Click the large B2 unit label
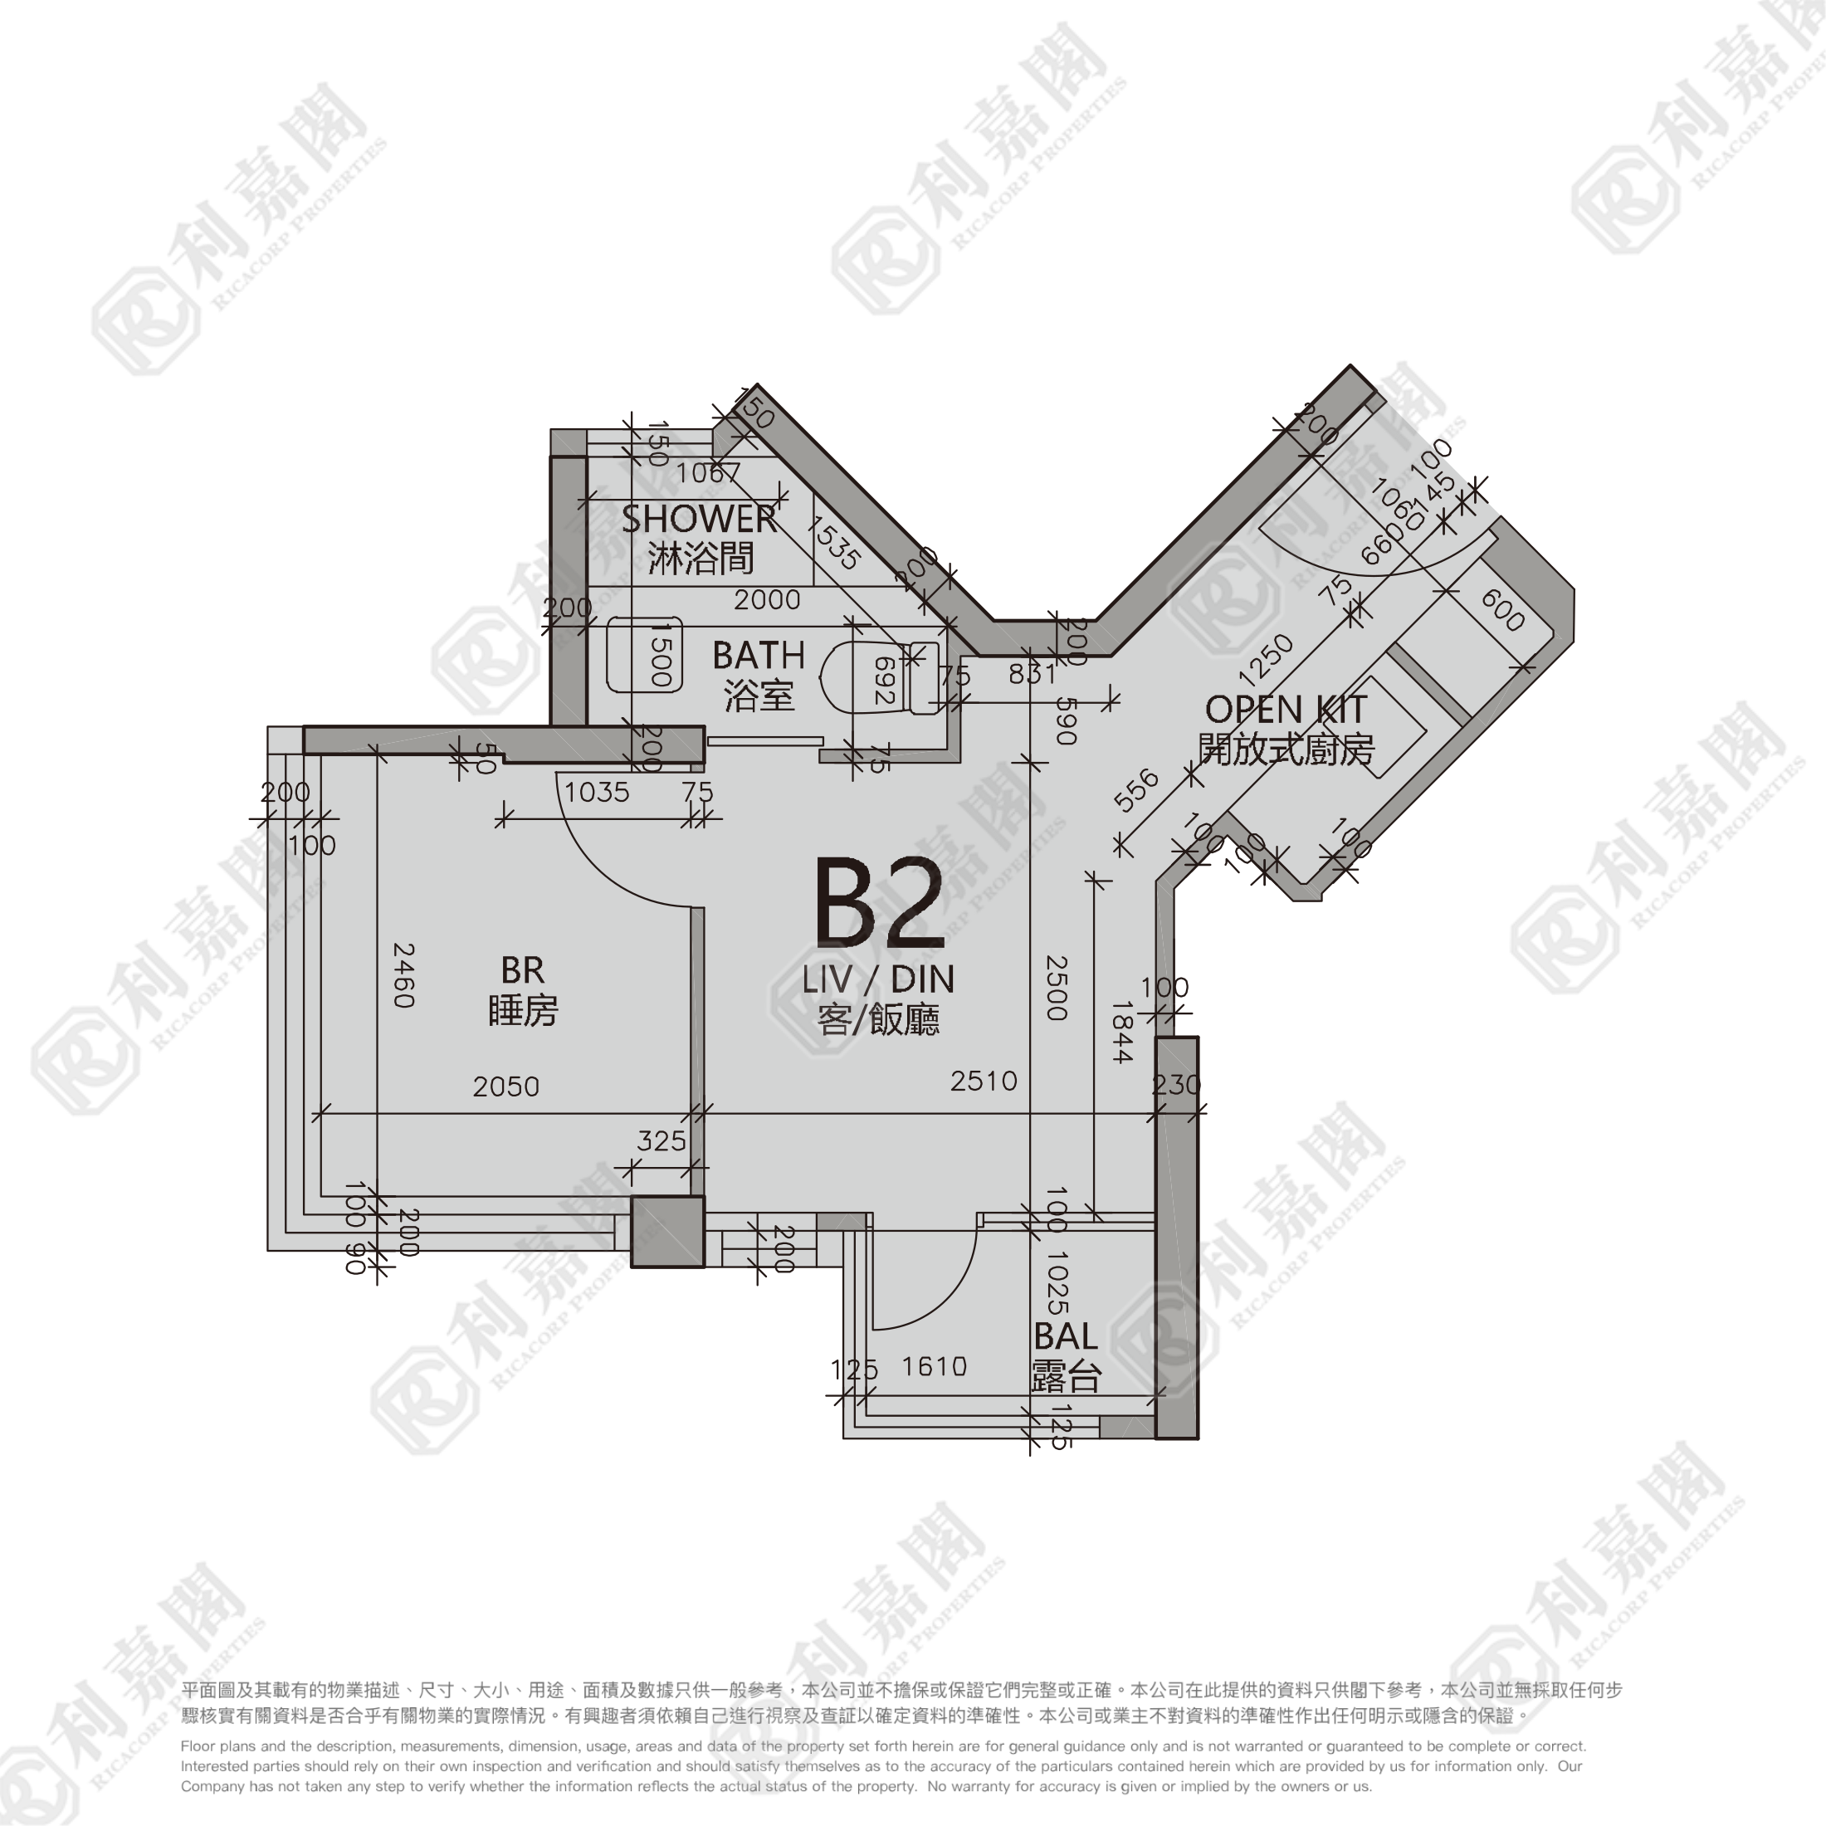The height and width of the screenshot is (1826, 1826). click(x=879, y=904)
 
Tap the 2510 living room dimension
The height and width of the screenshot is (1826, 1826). click(x=984, y=1081)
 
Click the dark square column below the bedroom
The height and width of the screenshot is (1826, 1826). click(x=668, y=1232)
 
